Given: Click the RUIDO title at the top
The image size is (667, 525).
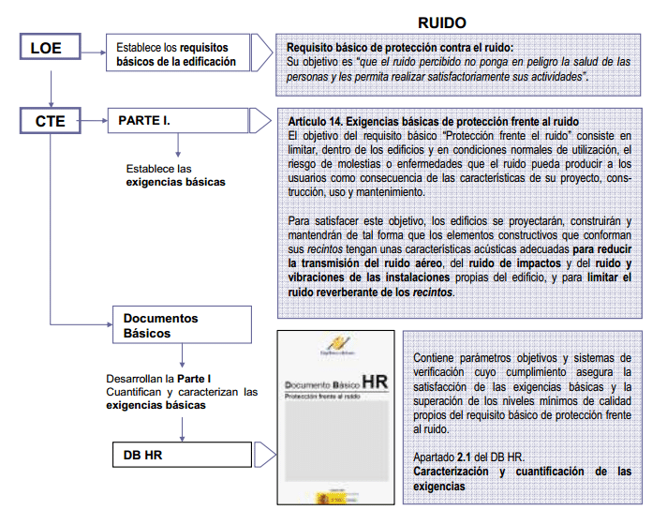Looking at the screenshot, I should coord(441,22).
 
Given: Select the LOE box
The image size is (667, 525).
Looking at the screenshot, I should coord(52,49).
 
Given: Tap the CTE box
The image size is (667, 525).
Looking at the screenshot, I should coord(52,121).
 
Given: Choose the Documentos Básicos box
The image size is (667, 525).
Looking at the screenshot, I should coord(182,325).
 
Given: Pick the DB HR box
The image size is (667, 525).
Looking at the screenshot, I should coord(182,456).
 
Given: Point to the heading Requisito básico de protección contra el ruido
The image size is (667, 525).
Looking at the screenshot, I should coord(400,47).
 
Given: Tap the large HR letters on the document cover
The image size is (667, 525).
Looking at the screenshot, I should coord(374,382).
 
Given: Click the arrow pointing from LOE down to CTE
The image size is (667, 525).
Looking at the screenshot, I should coord(52,89).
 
